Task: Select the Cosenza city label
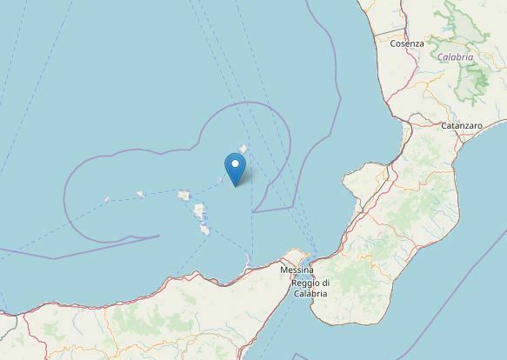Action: coord(407,43)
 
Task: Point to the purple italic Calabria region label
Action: coord(455,57)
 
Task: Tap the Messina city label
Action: coord(297,270)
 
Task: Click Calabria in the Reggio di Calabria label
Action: coord(310,293)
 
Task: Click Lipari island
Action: coord(200,211)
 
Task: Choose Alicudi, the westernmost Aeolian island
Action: coord(107,199)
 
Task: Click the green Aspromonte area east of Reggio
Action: coord(344,278)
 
